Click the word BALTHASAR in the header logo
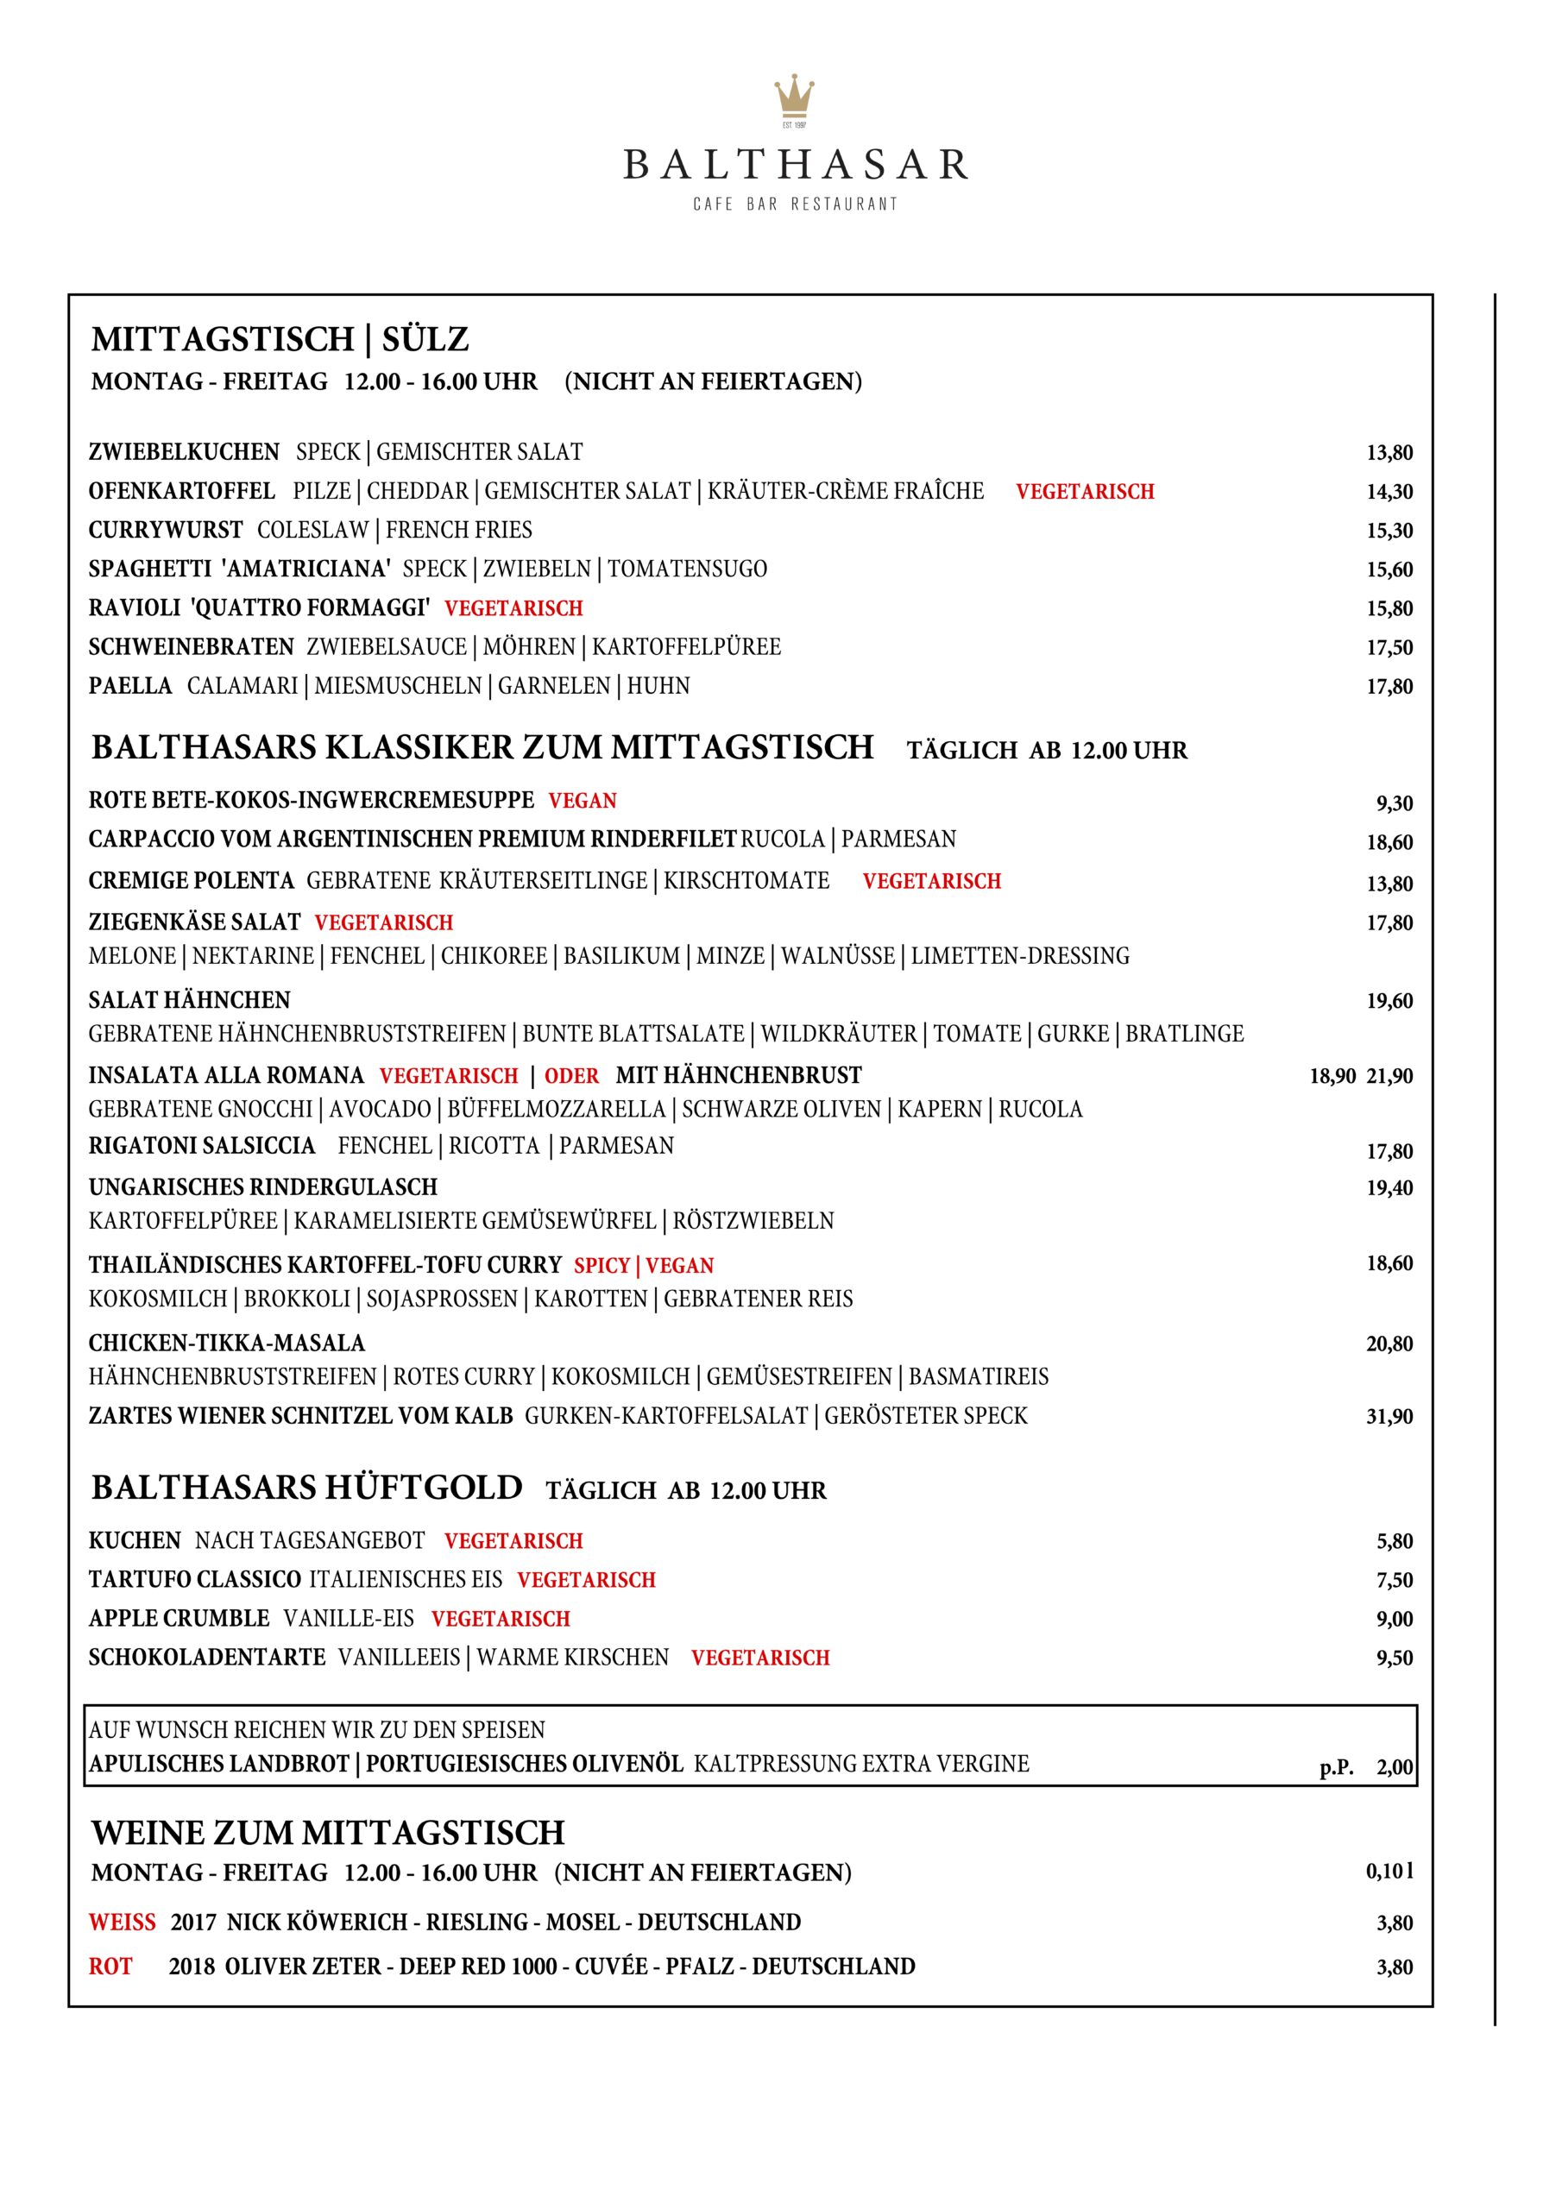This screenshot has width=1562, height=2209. tap(795, 165)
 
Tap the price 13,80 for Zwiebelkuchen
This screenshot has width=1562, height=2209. tap(1389, 453)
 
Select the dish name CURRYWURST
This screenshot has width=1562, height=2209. tap(166, 530)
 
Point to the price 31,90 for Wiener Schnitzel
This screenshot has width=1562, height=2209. tap(1389, 1416)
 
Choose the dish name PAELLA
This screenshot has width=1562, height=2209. tap(130, 686)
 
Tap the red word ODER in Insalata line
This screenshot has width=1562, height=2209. tap(571, 1076)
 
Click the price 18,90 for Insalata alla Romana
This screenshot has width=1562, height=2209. tap(1332, 1077)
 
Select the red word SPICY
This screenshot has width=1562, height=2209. tap(601, 1265)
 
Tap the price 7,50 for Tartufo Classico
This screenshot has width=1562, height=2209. tap(1395, 1580)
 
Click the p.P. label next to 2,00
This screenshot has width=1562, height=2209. tap(1337, 1767)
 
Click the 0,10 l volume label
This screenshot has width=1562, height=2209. tap(1389, 1872)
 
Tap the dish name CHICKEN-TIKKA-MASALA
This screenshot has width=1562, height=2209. tap(227, 1344)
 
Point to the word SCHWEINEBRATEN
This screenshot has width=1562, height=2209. tap(192, 646)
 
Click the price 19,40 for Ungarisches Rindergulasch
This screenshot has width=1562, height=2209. tap(1389, 1188)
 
